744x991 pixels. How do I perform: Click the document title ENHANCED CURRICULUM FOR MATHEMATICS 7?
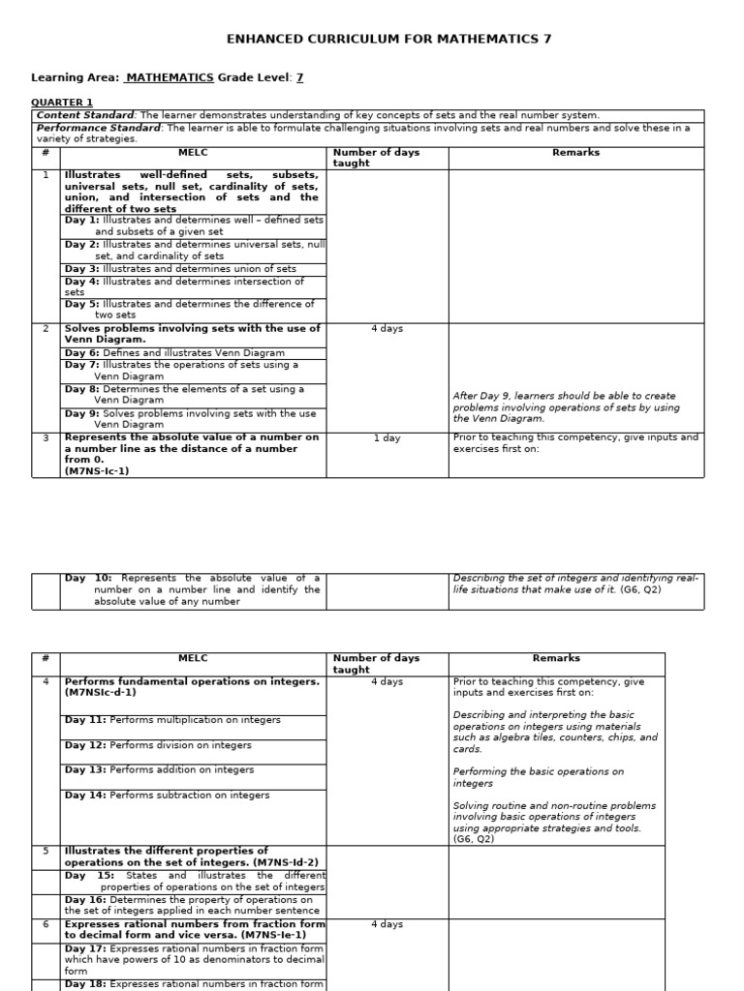tap(388, 39)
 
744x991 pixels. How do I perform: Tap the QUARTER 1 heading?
tap(62, 103)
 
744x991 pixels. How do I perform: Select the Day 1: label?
tap(81, 221)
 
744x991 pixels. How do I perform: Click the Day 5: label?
tap(81, 304)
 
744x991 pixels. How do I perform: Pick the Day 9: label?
tap(81, 413)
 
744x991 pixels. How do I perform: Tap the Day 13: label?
tap(85, 770)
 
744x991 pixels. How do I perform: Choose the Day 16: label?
tap(85, 899)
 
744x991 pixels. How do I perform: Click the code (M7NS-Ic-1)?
tap(97, 471)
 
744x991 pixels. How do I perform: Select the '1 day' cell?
tap(387, 438)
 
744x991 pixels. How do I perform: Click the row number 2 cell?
tap(46, 329)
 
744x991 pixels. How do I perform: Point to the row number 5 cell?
tap(46, 851)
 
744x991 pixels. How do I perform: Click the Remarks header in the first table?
tap(575, 152)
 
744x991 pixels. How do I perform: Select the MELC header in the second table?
tap(193, 658)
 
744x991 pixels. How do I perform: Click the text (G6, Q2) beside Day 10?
tap(640, 589)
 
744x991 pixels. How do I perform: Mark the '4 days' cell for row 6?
tap(387, 924)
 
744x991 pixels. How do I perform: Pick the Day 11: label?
tap(85, 720)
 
